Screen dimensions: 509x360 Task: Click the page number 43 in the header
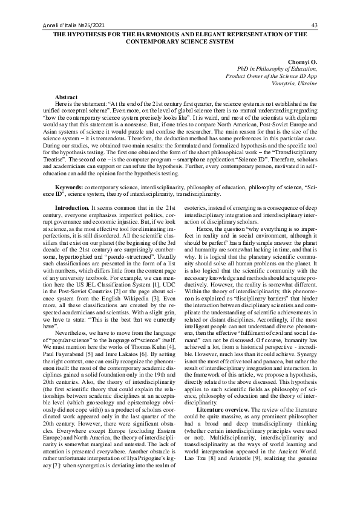314,25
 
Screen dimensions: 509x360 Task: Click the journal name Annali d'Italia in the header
64,25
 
